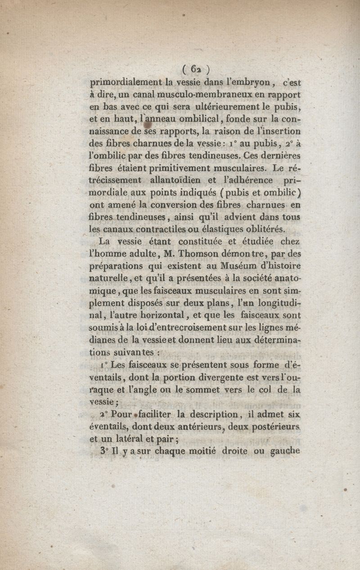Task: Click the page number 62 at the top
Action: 195,69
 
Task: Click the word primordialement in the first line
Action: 126,82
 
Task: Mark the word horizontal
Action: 168,317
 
